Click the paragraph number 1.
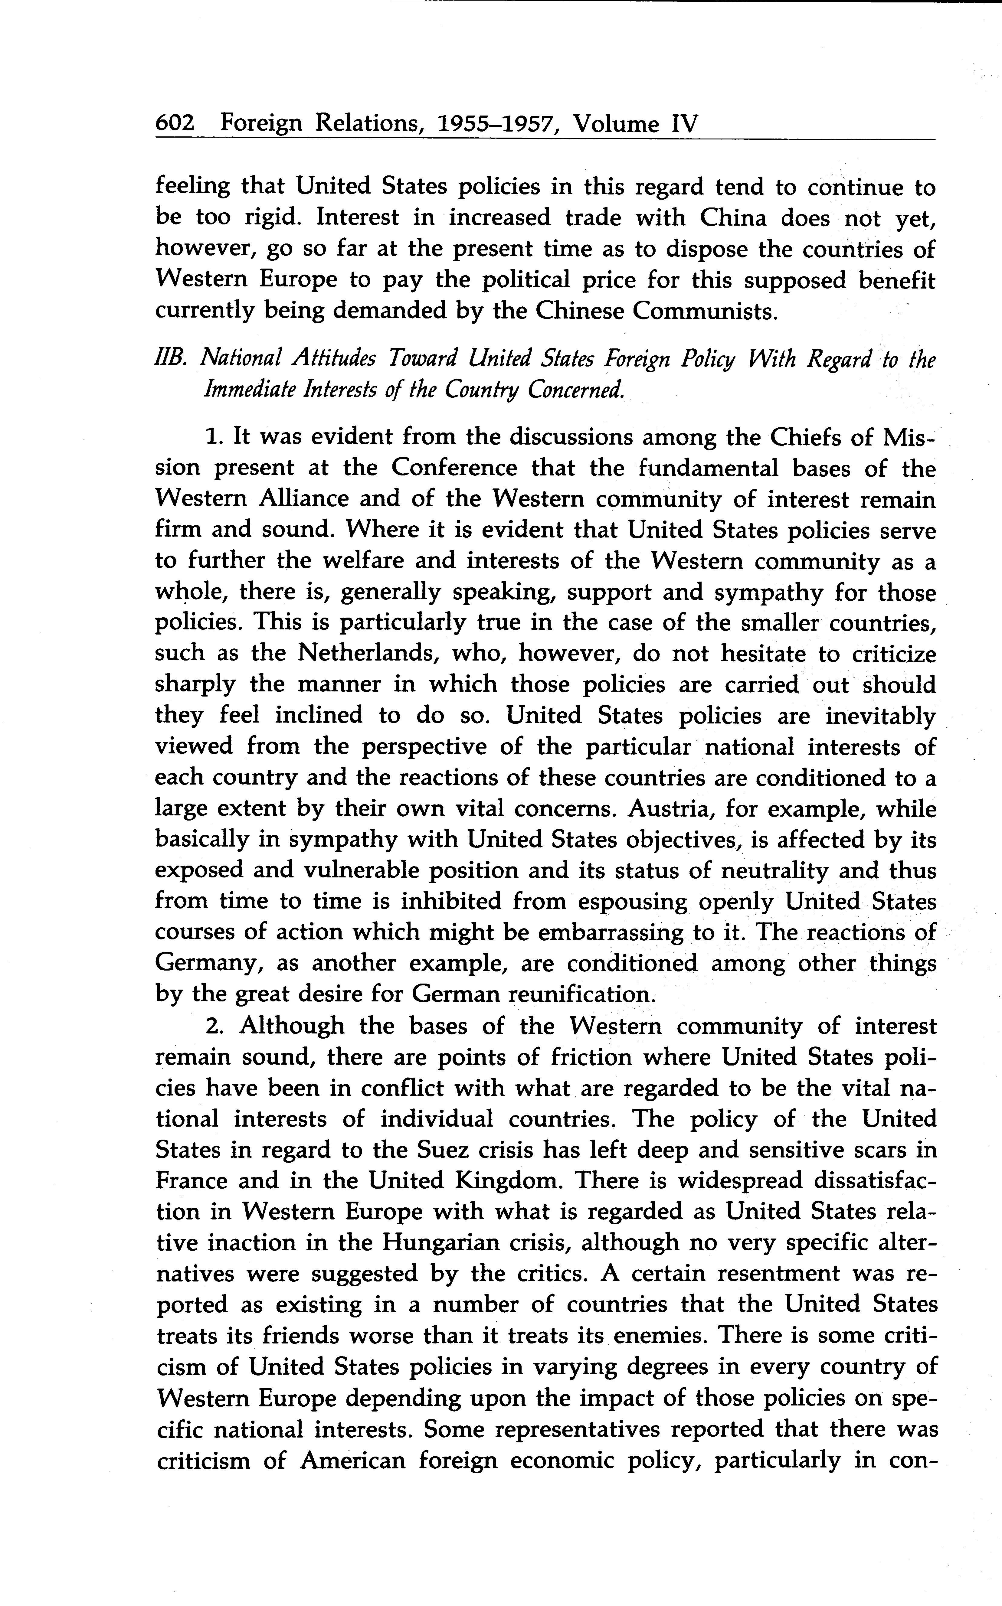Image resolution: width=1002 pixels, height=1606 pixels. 213,437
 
